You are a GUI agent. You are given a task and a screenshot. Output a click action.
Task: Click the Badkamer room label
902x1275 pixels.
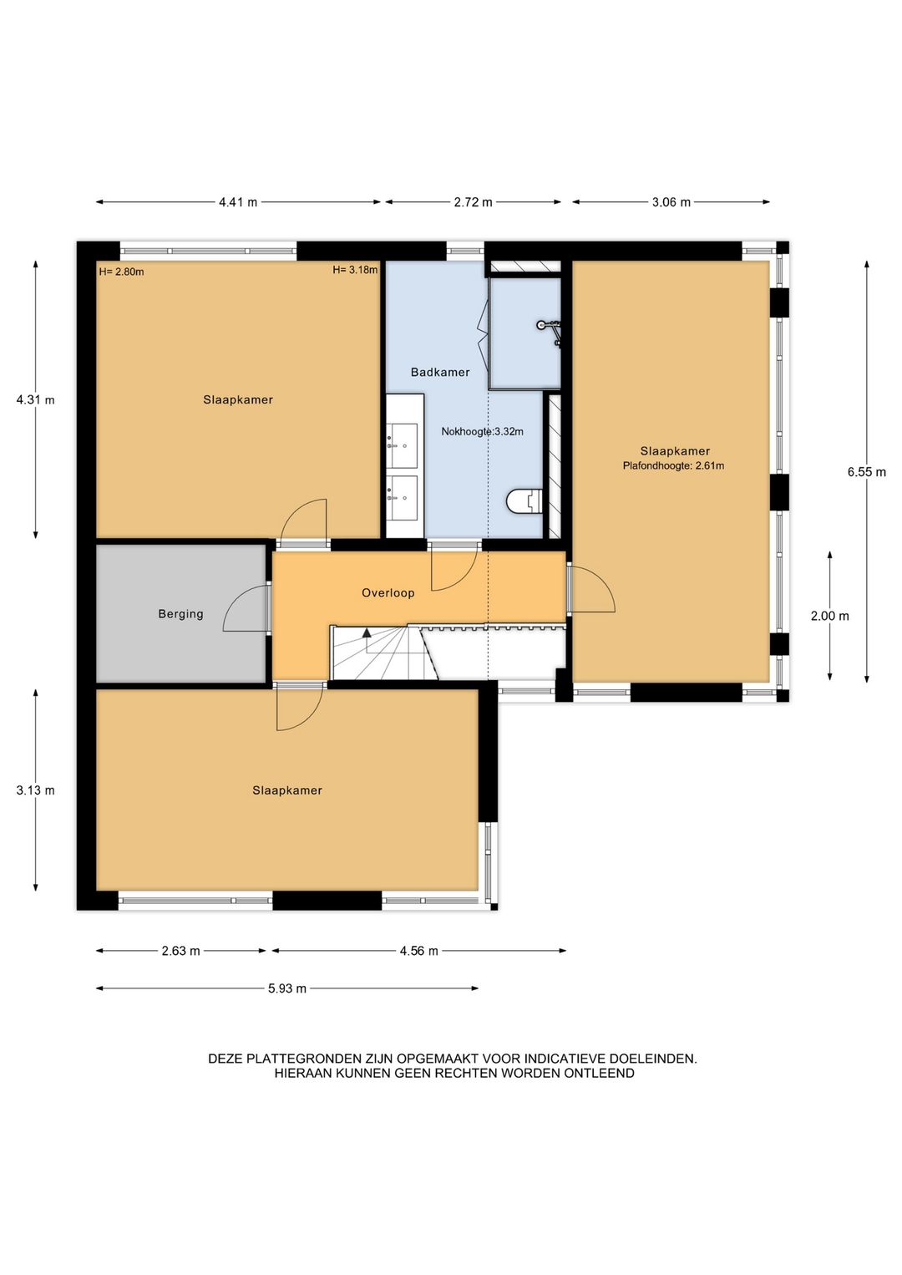440,373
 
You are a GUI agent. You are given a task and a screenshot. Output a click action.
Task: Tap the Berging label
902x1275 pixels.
180,614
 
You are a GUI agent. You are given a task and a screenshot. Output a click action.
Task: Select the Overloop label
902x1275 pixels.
388,593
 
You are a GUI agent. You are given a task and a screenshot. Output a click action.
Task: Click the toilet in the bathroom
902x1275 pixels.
524,501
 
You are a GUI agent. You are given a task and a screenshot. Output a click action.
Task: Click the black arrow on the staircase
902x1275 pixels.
367,632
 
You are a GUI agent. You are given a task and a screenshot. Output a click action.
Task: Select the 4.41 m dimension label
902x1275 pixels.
238,202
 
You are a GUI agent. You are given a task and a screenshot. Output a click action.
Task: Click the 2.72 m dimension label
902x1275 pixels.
473,202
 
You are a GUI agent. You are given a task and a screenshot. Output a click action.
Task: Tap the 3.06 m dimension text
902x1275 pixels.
671,202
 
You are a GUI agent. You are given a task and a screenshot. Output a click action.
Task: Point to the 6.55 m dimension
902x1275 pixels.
867,472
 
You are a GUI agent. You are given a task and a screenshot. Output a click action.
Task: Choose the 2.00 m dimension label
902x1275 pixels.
829,616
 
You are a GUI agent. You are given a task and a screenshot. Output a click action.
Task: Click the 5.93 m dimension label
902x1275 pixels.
287,988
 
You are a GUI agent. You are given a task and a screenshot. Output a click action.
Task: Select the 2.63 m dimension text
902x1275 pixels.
180,951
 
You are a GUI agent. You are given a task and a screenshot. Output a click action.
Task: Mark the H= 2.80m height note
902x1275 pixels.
121,272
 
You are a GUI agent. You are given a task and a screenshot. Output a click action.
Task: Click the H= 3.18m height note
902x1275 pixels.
355,270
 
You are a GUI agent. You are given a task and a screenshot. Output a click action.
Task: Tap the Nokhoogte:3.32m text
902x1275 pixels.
482,431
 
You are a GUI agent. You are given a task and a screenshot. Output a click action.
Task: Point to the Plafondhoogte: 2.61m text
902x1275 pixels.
673,465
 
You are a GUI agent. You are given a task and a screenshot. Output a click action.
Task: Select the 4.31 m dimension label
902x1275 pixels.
35,399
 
